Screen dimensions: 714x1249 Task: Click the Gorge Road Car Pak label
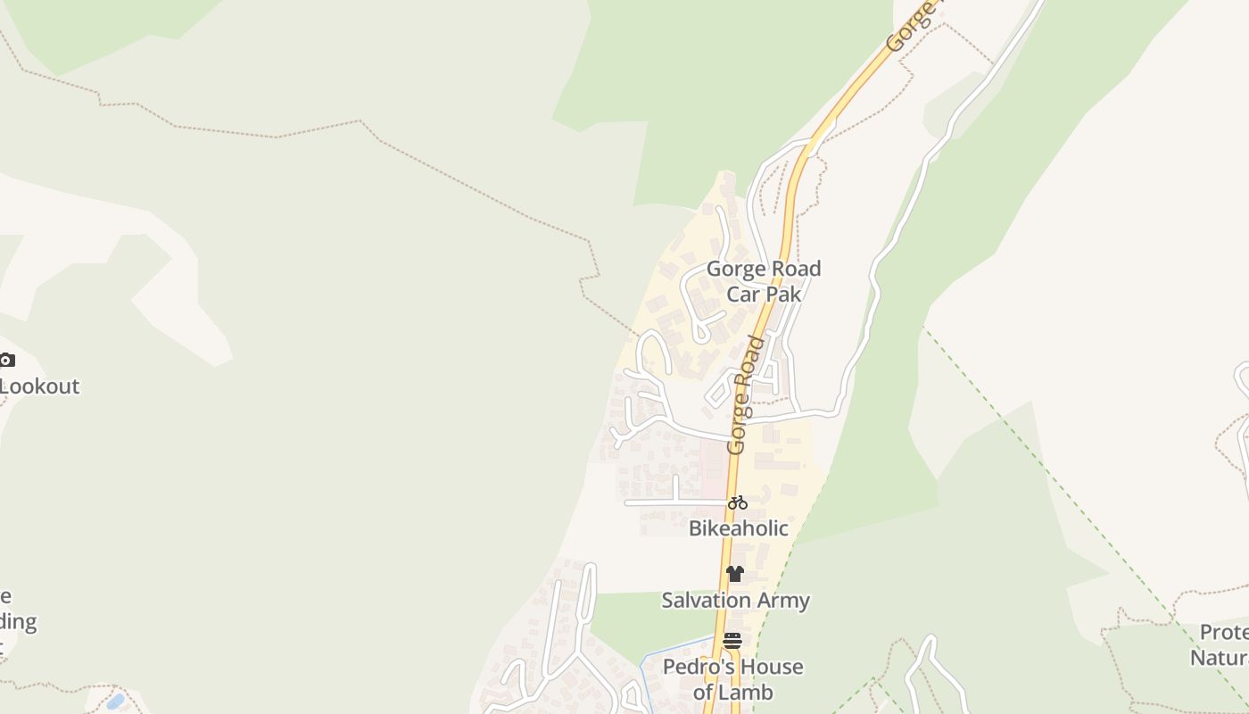(x=763, y=281)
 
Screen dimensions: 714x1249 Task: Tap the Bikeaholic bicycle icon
(x=737, y=502)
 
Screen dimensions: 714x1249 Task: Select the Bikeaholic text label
(x=738, y=528)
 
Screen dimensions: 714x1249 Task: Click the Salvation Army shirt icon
(x=734, y=574)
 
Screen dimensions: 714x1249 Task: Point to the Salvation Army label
(x=735, y=600)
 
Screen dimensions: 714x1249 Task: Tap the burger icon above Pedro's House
(x=732, y=641)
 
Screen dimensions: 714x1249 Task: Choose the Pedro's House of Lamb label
(x=732, y=679)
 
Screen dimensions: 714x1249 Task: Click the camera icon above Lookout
(x=6, y=361)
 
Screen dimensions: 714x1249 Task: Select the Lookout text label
(x=39, y=386)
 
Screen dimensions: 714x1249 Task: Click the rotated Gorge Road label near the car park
(x=746, y=395)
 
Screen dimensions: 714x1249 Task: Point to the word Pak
(x=782, y=294)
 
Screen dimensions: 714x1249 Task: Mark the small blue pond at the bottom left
(x=114, y=701)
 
